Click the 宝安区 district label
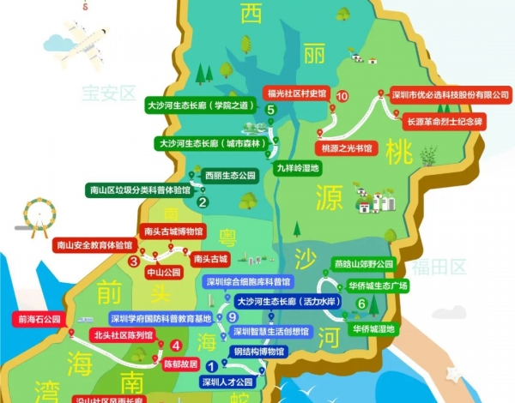[109, 92]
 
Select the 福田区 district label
[442, 267]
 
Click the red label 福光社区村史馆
[298, 95]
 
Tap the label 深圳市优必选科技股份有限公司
[450, 95]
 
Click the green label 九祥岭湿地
[297, 168]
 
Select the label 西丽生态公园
[230, 175]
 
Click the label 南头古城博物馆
[174, 232]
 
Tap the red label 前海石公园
[39, 319]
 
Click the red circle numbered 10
[343, 96]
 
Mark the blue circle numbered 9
[233, 318]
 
